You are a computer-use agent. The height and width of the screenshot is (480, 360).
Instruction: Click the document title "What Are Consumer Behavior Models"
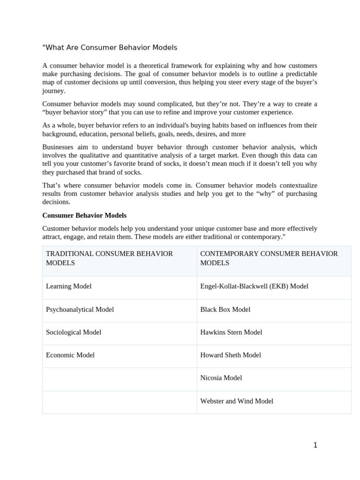coord(110,48)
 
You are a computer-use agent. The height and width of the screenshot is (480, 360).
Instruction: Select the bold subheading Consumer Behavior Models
coord(84,216)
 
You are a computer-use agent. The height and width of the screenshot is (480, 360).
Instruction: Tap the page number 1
coord(315,445)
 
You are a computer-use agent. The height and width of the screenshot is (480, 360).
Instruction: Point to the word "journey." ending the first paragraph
coord(54,91)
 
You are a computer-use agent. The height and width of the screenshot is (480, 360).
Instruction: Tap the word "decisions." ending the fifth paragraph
coord(56,202)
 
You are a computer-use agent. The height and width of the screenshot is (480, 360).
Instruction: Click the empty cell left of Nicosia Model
coord(120,379)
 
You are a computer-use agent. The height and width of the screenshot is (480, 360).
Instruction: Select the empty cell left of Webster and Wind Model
coord(120,402)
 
